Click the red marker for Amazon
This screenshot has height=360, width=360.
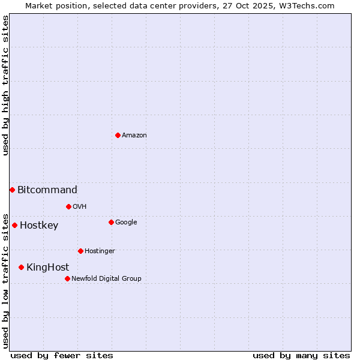(x=118, y=135)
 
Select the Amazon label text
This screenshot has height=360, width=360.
(x=134, y=136)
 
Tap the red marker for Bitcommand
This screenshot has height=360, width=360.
(x=12, y=190)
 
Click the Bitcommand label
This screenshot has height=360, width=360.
(x=47, y=190)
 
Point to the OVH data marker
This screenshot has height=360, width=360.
(x=68, y=206)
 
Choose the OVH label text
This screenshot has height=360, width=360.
(x=80, y=207)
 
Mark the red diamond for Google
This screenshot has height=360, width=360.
(x=111, y=222)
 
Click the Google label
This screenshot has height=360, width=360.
(x=126, y=223)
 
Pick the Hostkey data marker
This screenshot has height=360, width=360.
(x=14, y=225)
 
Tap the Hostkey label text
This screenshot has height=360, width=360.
(x=39, y=226)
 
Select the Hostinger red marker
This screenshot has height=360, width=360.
(x=80, y=251)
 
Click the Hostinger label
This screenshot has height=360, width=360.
(x=100, y=251)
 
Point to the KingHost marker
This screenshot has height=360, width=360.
(x=21, y=267)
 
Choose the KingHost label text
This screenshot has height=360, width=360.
(x=47, y=268)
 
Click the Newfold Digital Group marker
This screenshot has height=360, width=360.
(x=67, y=278)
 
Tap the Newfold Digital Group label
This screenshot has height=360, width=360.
(x=106, y=279)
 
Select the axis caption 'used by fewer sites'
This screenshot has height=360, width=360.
(x=62, y=355)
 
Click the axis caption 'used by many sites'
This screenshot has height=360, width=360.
(x=301, y=355)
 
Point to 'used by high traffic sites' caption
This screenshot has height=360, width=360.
(x=5, y=85)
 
